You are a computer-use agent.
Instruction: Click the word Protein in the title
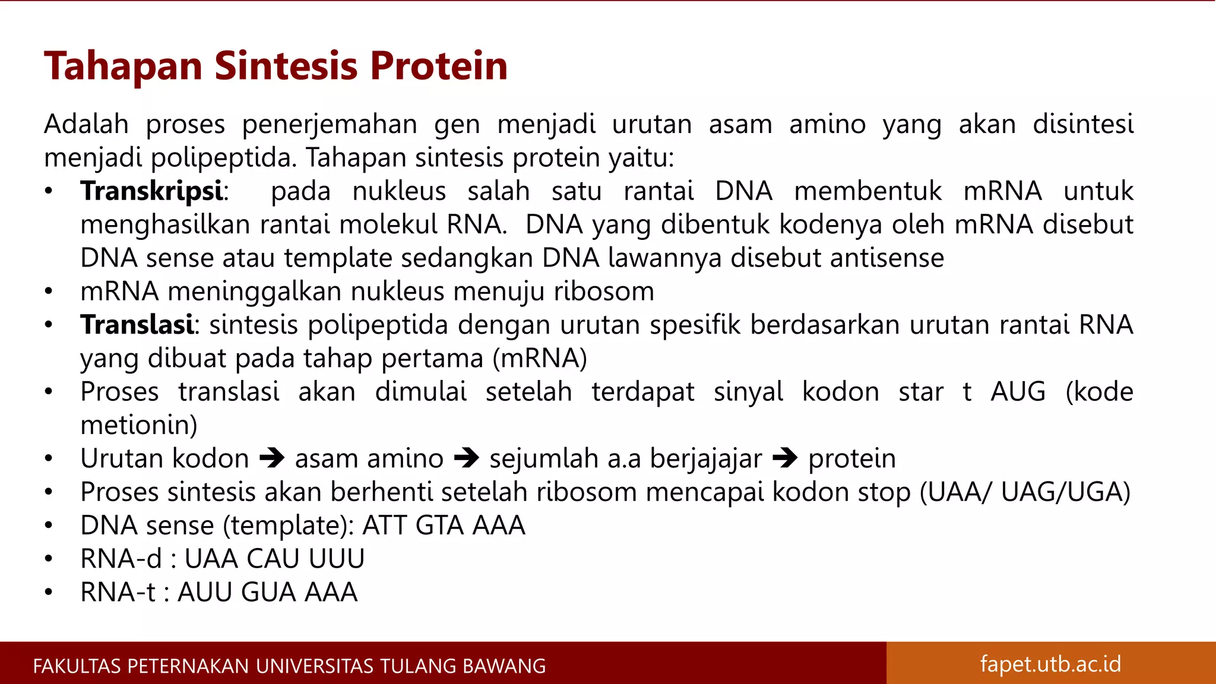tap(439, 66)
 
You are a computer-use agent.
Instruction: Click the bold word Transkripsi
tap(152, 192)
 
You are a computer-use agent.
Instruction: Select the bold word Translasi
tap(137, 325)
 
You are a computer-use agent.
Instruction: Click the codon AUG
tap(1018, 392)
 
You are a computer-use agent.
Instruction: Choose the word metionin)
tap(139, 425)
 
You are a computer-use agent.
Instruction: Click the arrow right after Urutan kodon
tap(272, 458)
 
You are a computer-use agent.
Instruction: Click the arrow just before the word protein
tap(785, 458)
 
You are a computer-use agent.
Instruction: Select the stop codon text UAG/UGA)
tap(1065, 492)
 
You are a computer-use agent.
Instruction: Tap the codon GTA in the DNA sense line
tap(440, 526)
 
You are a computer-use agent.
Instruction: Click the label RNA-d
tap(121, 559)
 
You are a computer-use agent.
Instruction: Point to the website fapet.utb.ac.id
tap(1050, 664)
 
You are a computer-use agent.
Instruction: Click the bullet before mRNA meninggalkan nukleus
tap(49, 292)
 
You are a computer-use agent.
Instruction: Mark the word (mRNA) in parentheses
tap(539, 359)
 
